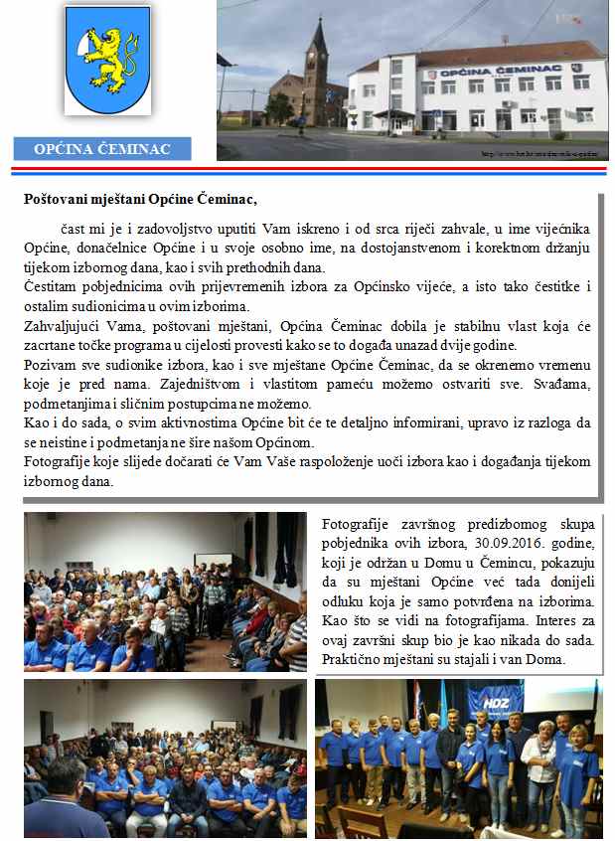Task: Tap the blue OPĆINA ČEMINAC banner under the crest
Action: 102,150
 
